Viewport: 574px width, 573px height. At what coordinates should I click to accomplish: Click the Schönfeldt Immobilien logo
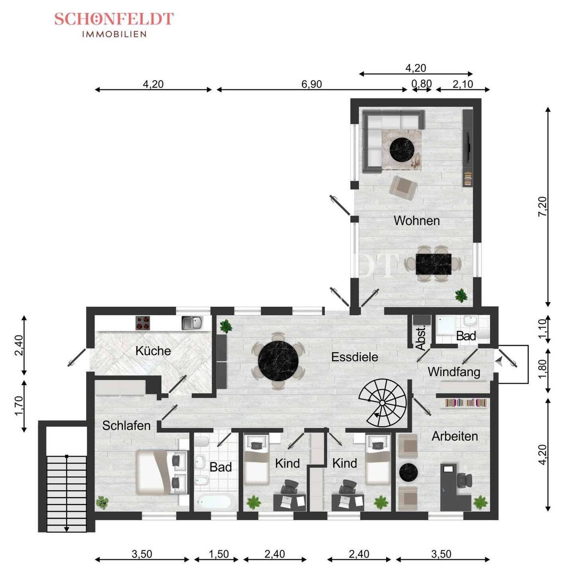(114, 24)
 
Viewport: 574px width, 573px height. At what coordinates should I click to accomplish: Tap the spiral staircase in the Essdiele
(382, 403)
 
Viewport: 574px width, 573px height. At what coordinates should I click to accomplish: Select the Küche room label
(153, 351)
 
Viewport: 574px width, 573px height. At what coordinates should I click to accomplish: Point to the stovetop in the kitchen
(142, 323)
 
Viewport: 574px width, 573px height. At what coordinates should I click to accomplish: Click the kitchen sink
(192, 323)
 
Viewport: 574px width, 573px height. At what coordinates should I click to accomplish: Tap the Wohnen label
(417, 221)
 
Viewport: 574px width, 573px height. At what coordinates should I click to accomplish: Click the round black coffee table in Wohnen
(401, 149)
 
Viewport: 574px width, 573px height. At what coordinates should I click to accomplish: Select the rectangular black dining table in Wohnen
(433, 264)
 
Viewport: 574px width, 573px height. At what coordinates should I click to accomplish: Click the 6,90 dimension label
(311, 84)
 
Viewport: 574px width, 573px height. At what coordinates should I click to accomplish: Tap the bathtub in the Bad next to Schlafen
(214, 501)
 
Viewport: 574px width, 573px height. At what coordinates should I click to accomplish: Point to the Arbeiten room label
(454, 436)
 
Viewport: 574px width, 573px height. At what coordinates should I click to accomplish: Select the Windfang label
(454, 372)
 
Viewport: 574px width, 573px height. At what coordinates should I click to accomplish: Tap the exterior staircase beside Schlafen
(67, 493)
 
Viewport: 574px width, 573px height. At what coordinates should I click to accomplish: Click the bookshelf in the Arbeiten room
(466, 403)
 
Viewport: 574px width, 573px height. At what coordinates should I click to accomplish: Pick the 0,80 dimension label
(421, 84)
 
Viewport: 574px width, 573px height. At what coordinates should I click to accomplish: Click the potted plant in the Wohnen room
(461, 295)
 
